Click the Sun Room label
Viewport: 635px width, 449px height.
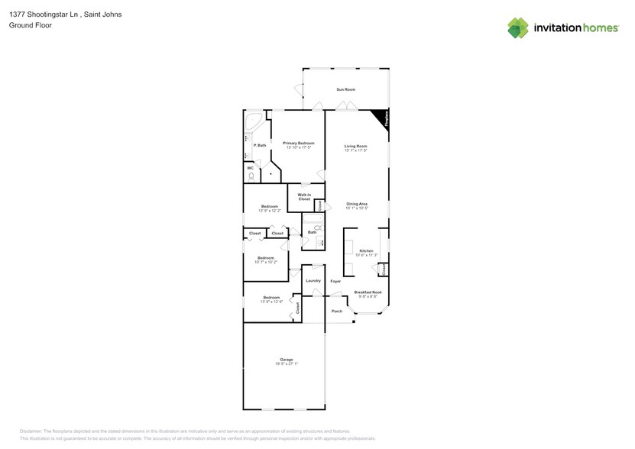tap(346, 90)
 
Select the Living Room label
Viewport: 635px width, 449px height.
tap(355, 146)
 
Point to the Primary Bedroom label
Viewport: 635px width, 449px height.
tap(299, 143)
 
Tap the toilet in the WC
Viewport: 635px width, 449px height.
tap(251, 176)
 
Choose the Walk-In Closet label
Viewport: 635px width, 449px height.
tap(304, 197)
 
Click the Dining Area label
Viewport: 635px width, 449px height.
tap(357, 204)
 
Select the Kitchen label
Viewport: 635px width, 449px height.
tap(367, 251)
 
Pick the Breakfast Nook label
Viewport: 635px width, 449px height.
tap(368, 292)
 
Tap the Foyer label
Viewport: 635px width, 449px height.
tap(335, 282)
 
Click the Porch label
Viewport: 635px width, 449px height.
tap(337, 311)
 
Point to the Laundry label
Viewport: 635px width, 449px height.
tap(313, 280)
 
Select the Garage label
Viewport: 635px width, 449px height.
tap(287, 360)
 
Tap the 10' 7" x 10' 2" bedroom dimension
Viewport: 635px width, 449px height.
tap(266, 263)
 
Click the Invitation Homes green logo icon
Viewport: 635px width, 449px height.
tap(518, 27)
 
